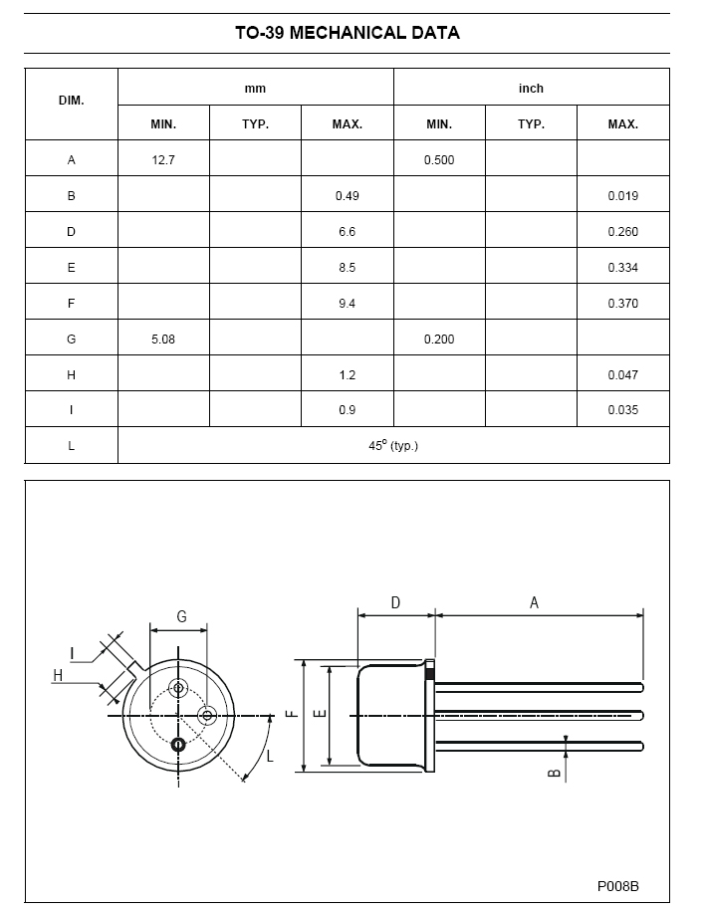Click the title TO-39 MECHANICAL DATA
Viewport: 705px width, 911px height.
(348, 33)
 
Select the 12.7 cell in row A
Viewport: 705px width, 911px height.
(163, 159)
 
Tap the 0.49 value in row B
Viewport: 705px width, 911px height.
(347, 196)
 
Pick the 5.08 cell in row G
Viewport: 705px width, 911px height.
(163, 340)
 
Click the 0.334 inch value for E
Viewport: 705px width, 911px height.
(623, 267)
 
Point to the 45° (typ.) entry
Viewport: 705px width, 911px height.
(393, 446)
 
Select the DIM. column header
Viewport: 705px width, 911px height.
(72, 100)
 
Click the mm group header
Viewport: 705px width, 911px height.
(255, 89)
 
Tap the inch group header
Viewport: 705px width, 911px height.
(531, 89)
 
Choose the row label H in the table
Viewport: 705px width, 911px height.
(71, 374)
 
